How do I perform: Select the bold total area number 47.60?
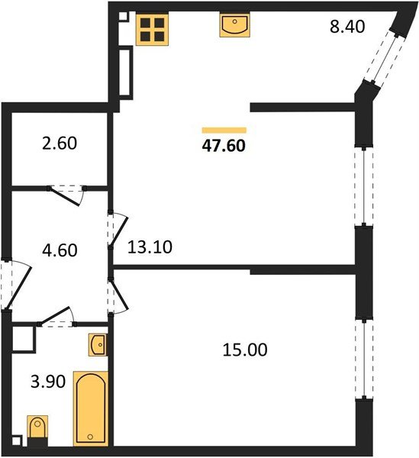(224, 144)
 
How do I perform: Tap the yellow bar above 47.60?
(224, 131)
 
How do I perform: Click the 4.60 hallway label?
(57, 248)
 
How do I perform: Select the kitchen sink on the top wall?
(234, 26)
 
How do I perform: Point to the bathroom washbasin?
(98, 345)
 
